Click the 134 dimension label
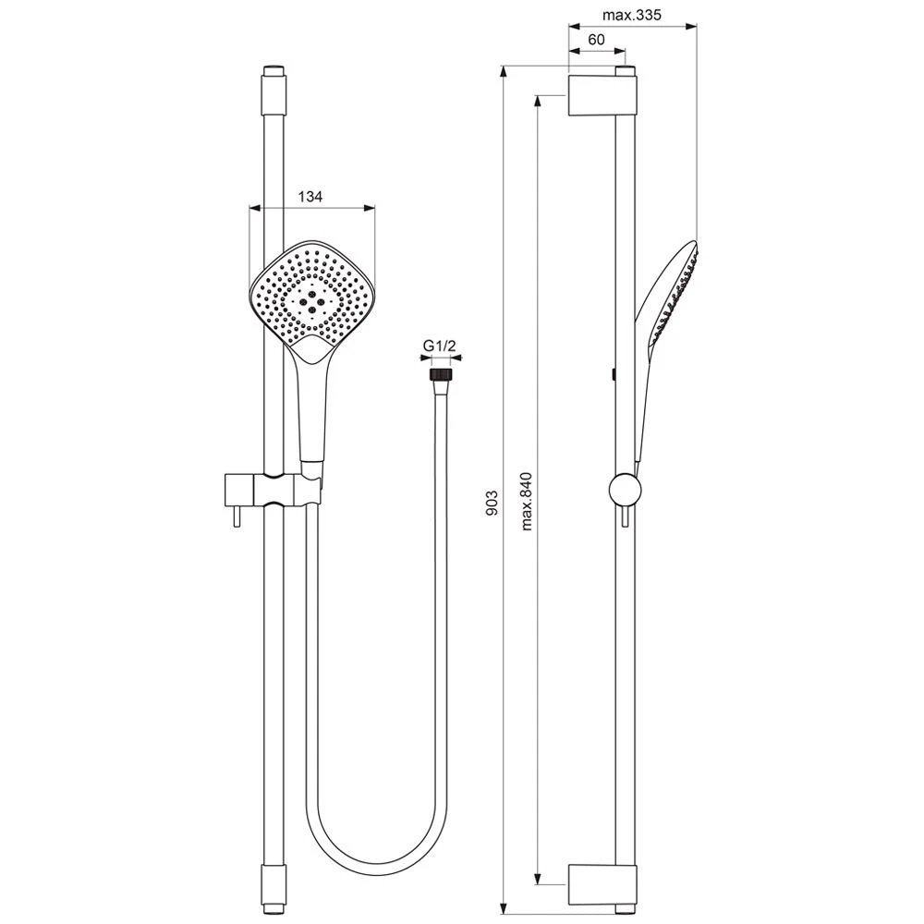click(x=310, y=196)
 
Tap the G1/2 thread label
click(x=441, y=346)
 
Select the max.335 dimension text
click(x=632, y=15)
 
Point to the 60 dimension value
click(x=596, y=40)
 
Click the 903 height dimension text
click(x=492, y=503)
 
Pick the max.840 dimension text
click(x=527, y=502)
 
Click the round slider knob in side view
click(x=625, y=490)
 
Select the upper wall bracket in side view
click(x=602, y=94)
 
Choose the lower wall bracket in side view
click(x=602, y=885)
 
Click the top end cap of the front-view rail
click(x=274, y=89)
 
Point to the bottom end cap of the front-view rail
click(x=274, y=890)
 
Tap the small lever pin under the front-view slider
click(x=237, y=516)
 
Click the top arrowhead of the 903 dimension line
click(x=504, y=71)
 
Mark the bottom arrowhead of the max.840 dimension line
click(x=537, y=879)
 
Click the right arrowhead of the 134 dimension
click(x=370, y=207)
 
